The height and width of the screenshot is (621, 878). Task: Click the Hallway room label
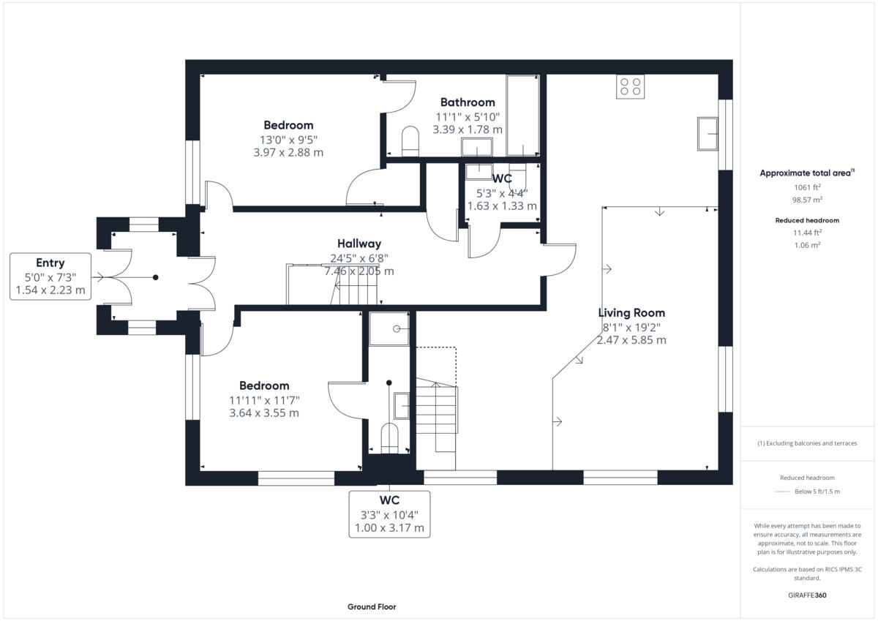[359, 244]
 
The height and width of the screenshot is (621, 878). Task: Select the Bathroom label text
[467, 102]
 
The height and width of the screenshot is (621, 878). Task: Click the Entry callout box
[50, 276]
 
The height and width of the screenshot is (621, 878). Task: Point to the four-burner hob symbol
[631, 87]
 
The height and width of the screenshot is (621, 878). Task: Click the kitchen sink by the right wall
[707, 133]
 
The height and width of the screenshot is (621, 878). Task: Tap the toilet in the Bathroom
[410, 141]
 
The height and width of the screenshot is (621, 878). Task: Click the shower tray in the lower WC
[389, 328]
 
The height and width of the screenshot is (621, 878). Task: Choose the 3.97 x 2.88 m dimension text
[288, 153]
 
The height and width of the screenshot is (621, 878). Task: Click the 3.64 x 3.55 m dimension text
[263, 413]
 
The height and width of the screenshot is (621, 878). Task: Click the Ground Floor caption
[372, 606]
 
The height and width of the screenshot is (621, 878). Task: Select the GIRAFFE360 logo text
[807, 595]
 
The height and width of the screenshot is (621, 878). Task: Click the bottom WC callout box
[389, 513]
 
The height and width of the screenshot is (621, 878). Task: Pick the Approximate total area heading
[806, 173]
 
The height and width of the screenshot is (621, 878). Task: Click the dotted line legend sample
[782, 492]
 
